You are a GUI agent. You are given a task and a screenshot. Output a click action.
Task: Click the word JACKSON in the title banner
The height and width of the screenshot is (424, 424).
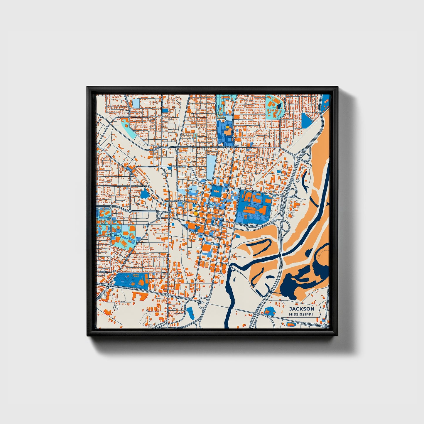pyautogui.click(x=301, y=309)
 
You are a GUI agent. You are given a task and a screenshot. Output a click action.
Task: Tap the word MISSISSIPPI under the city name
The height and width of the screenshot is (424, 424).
pyautogui.click(x=301, y=315)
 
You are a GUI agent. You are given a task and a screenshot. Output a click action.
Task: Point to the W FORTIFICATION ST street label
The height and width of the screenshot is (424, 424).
pyautogui.click(x=157, y=148)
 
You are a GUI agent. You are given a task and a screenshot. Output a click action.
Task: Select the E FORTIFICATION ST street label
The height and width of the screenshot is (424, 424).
pyautogui.click(x=226, y=147)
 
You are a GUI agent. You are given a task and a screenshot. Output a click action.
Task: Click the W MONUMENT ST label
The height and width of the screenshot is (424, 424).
pyautogui.click(x=177, y=166)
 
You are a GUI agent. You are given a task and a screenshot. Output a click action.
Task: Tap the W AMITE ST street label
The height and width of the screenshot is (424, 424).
pyautogui.click(x=180, y=201)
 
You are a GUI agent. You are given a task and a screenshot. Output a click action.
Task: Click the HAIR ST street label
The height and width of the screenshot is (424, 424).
pyautogui.click(x=102, y=272)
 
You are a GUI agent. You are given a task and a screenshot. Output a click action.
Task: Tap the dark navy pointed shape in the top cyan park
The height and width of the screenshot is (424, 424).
pyautogui.click(x=279, y=105)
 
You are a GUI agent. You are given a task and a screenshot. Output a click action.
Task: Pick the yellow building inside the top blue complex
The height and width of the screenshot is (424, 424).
pyautogui.click(x=227, y=128)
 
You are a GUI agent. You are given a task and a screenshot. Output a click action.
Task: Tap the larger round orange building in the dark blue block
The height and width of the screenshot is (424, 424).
pyautogui.click(x=141, y=282)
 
